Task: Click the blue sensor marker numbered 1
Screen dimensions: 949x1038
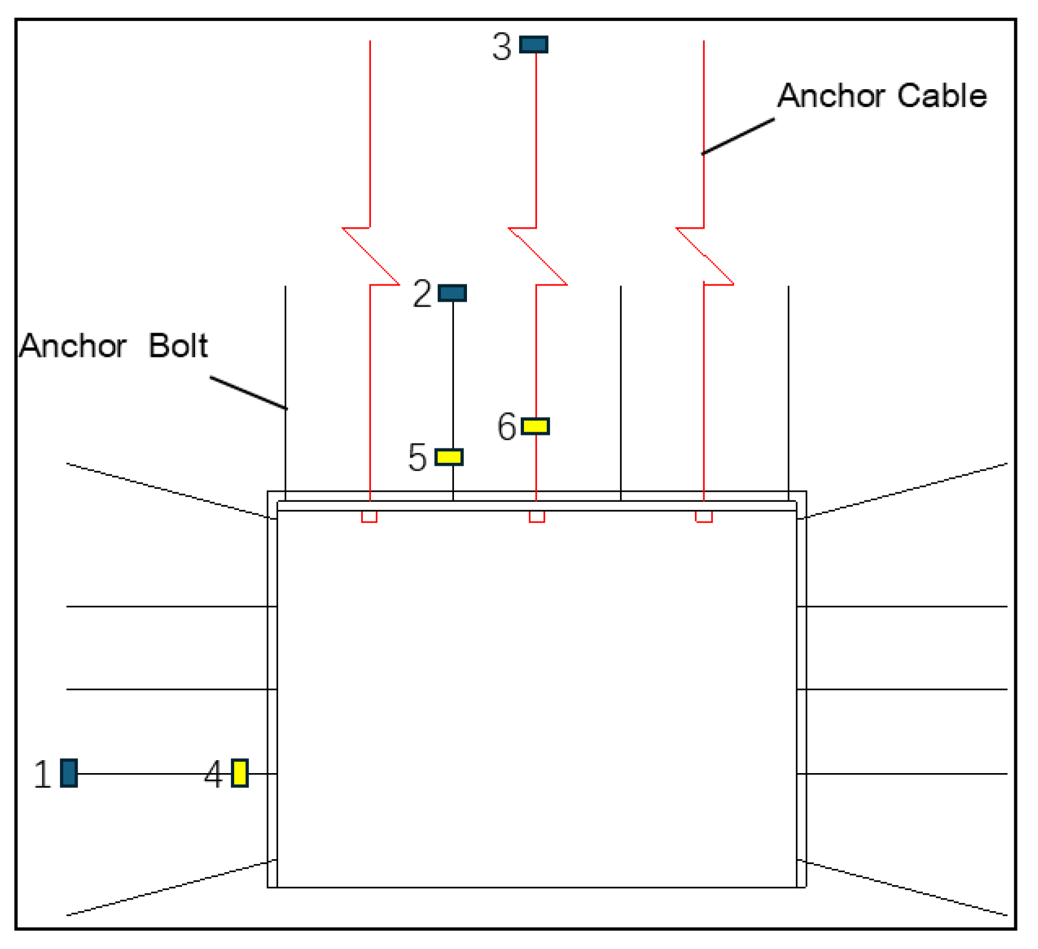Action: pyautogui.click(x=69, y=773)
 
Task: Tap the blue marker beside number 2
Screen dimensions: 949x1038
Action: pyautogui.click(x=452, y=293)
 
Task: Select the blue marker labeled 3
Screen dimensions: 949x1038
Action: pyautogui.click(x=533, y=45)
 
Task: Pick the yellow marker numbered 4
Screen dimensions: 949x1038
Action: pyautogui.click(x=240, y=773)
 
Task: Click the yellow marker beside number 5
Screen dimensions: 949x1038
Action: pyautogui.click(x=449, y=457)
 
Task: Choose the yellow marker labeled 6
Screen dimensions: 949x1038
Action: pyautogui.click(x=535, y=426)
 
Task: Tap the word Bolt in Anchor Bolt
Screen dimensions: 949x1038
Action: pyautogui.click(x=178, y=346)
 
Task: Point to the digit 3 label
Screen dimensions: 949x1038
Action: pyautogui.click(x=502, y=47)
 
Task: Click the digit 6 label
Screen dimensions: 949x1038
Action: pyautogui.click(x=507, y=427)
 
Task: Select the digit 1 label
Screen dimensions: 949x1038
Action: pyautogui.click(x=42, y=775)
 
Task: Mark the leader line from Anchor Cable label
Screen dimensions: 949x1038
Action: pyautogui.click(x=738, y=136)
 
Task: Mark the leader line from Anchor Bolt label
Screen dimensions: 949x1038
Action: pyautogui.click(x=248, y=393)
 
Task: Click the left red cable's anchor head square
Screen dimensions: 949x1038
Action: pyautogui.click(x=369, y=517)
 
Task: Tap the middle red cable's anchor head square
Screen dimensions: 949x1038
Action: pyautogui.click(x=537, y=517)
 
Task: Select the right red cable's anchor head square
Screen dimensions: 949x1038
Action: pyautogui.click(x=704, y=517)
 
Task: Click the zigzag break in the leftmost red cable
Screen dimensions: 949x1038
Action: pyautogui.click(x=371, y=256)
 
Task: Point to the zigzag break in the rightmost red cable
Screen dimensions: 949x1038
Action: pyautogui.click(x=705, y=256)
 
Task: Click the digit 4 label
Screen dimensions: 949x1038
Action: pyautogui.click(x=214, y=775)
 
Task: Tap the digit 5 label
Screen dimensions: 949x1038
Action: pyautogui.click(x=417, y=458)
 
